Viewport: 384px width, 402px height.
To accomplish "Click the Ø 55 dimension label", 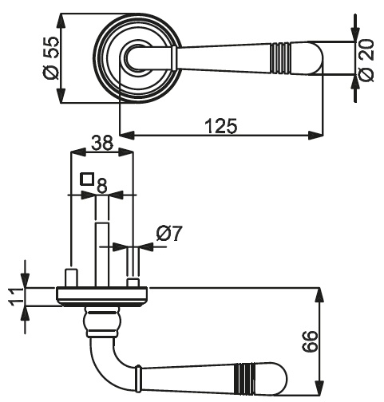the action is [x=50, y=58].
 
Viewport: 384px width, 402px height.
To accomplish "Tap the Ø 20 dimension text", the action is [x=366, y=61].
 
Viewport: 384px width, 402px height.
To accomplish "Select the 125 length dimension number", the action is [x=221, y=126].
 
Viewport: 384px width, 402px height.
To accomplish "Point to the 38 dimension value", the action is [x=102, y=143].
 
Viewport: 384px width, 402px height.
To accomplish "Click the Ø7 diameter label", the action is [x=168, y=233].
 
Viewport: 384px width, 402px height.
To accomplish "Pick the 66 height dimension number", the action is [x=310, y=341].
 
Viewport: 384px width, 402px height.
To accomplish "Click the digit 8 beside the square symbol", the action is [x=102, y=185].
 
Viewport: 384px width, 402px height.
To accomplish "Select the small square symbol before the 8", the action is [x=87, y=179].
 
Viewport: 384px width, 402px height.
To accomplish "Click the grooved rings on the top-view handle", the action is [x=280, y=57].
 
